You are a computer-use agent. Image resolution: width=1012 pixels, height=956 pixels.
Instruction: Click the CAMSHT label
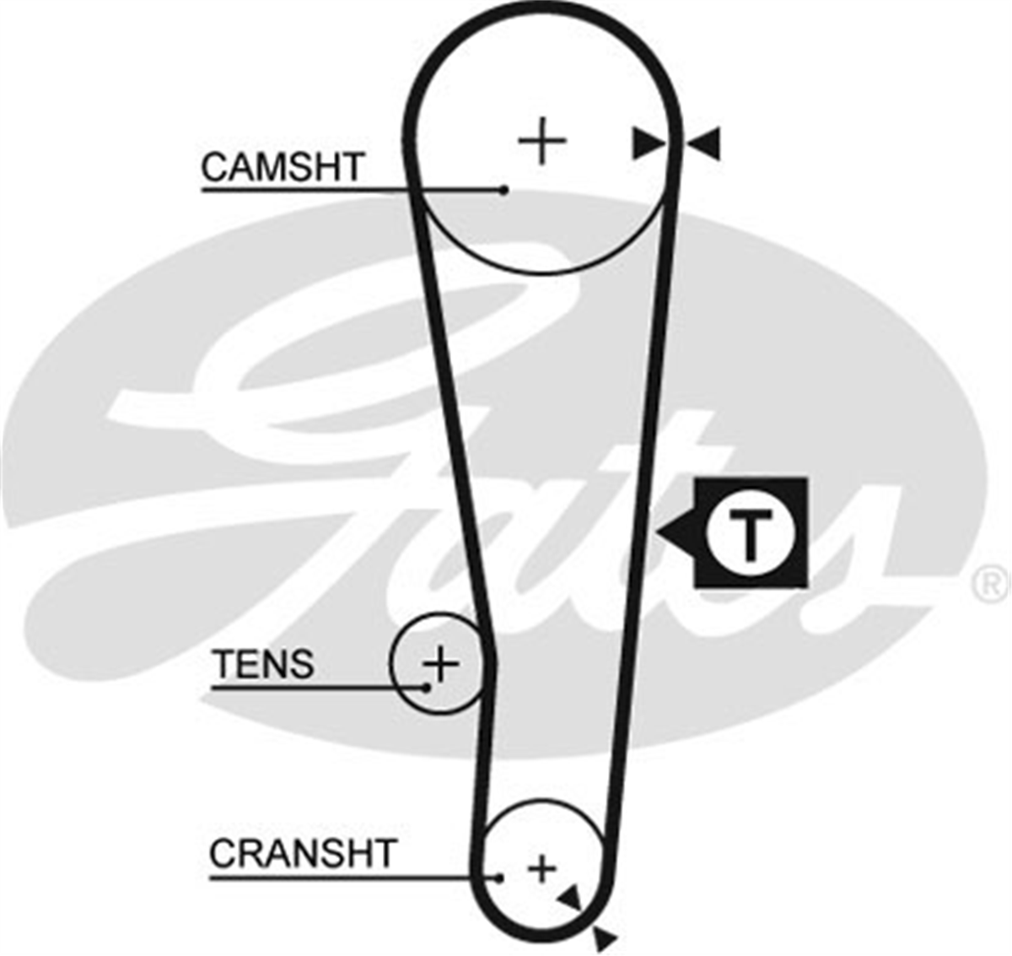point(283,167)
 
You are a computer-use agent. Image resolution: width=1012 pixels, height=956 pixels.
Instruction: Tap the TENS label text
point(264,664)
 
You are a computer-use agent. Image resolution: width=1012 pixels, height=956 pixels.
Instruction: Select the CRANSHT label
point(303,854)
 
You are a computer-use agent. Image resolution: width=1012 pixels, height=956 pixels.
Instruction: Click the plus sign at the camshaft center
point(542,141)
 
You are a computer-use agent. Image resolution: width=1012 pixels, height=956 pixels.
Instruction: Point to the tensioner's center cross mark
point(441,664)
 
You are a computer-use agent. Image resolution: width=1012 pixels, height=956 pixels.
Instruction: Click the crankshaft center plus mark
point(541,869)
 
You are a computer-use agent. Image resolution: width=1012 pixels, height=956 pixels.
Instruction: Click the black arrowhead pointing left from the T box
point(676,532)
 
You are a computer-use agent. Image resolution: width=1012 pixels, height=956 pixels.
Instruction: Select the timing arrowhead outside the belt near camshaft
point(703,143)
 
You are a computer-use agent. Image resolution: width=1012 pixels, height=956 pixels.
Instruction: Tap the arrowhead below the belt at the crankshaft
point(605,938)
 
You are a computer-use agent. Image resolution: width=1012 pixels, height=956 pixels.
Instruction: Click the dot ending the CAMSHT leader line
point(504,190)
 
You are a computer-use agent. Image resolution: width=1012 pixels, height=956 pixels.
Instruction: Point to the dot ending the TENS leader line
point(427,688)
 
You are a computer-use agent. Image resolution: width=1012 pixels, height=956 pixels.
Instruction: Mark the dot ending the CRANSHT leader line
point(499,878)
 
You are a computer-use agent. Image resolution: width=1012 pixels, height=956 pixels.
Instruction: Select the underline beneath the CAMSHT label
point(353,190)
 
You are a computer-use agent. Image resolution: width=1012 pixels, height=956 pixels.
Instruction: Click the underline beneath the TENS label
point(320,688)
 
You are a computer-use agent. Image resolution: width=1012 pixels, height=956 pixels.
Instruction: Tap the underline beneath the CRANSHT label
point(354,878)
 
